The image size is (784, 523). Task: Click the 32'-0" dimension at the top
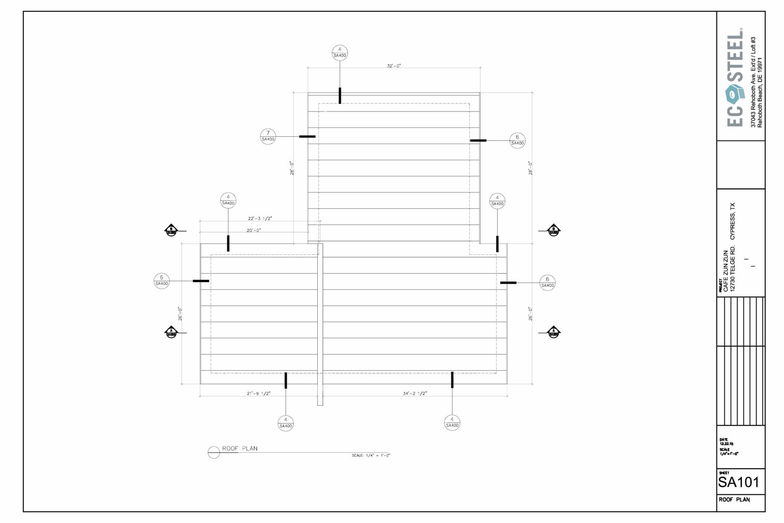394,66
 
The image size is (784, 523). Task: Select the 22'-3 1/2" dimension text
260,218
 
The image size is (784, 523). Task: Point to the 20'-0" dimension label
254,230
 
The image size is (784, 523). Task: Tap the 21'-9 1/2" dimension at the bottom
258,393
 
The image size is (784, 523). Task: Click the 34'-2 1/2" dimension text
415,393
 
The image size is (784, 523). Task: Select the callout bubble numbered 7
268,136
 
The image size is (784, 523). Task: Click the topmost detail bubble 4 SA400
340,52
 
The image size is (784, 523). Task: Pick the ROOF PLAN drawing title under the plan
240,449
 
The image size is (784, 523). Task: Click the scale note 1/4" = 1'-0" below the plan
371,456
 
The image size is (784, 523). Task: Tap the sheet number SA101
739,482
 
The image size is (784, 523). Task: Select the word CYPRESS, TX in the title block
732,221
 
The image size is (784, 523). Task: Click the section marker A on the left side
171,332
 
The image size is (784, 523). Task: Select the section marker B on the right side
553,230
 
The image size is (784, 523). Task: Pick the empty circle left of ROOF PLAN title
214,452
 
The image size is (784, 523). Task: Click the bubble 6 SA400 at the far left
161,281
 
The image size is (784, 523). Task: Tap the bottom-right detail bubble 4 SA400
452,422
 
